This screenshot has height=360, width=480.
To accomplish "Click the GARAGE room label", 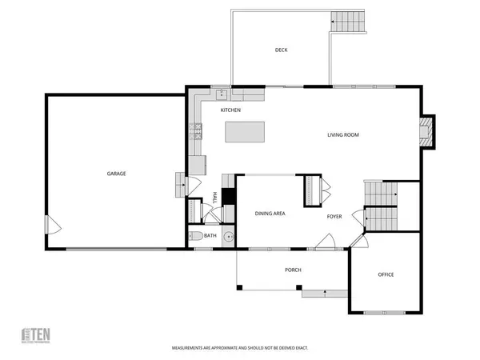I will coord(117,174).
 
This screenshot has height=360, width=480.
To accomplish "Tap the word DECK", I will coord(281,50).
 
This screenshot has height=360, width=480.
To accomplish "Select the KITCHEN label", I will coord(231,110).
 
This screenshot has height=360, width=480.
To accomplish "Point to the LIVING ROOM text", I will coord(342,135).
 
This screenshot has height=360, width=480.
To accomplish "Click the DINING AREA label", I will coord(270,214).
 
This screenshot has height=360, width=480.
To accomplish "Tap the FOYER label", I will coord(335,216).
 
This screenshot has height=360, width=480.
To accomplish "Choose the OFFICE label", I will coord(386,274).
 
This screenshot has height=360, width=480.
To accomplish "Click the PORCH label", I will coord(293,270).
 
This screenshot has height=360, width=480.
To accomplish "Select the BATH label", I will coord(210,236).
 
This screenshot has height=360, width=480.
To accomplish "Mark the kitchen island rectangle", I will coord(246,131).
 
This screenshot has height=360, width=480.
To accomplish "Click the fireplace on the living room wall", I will coord(429,132).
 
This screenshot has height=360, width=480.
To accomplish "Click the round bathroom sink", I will coord(228,237).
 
